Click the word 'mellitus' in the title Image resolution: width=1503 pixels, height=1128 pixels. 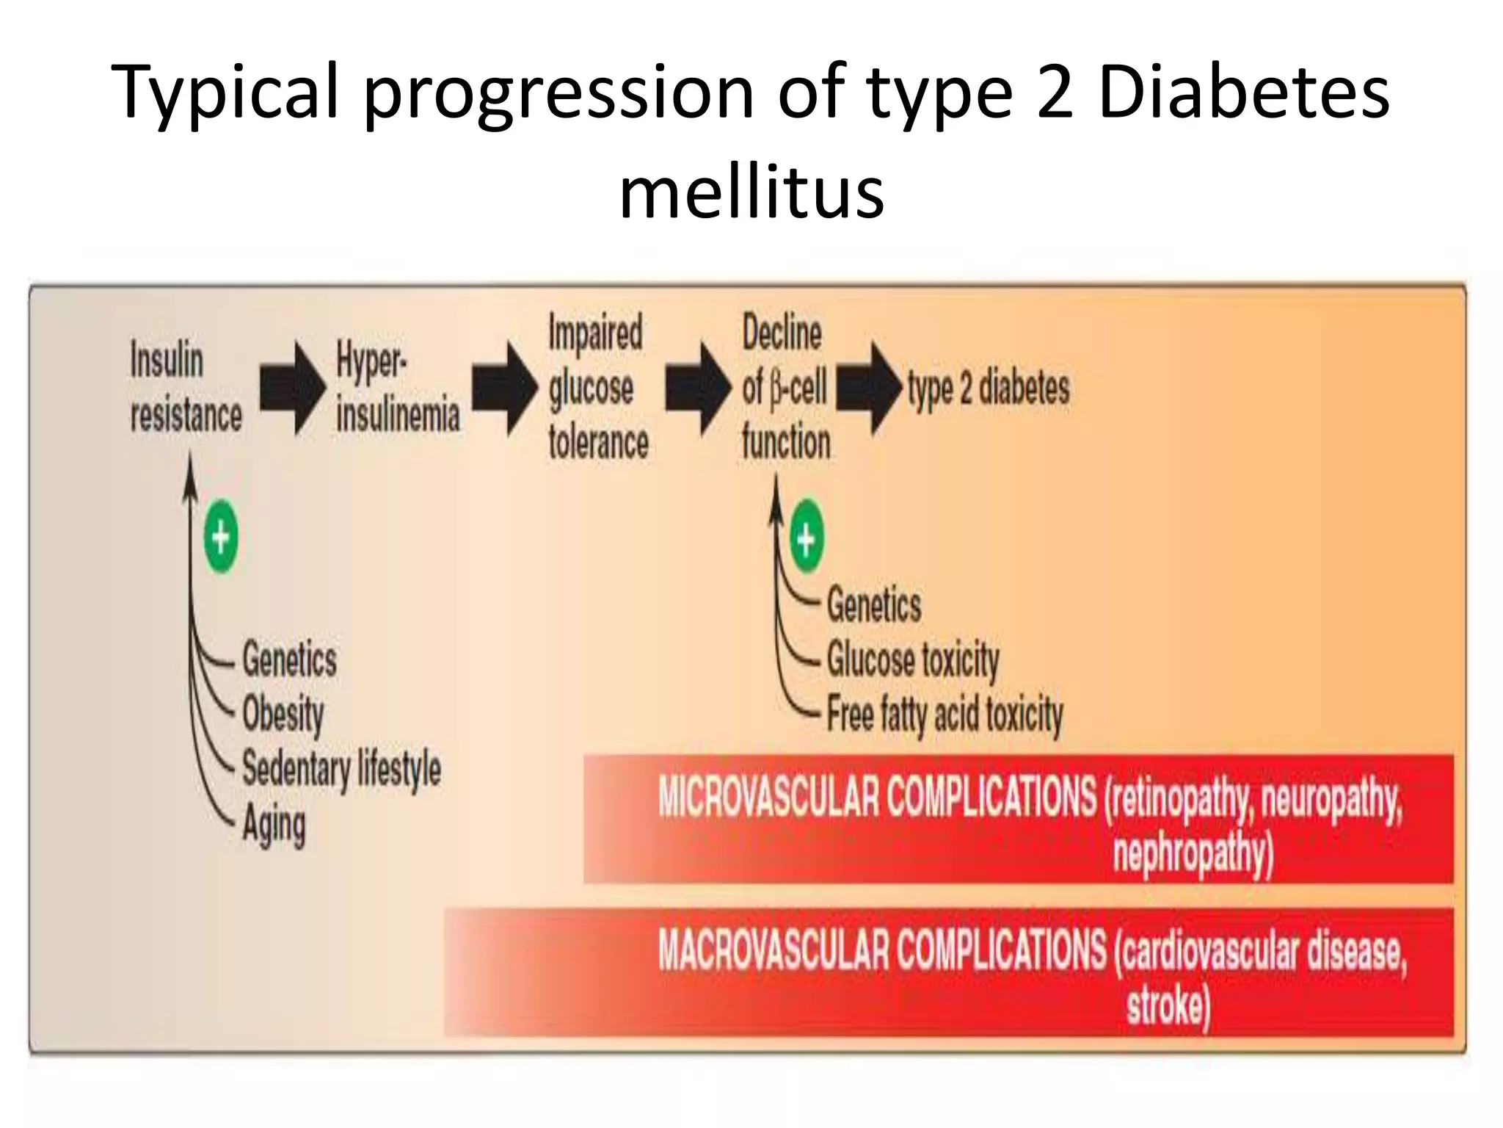pyautogui.click(x=751, y=192)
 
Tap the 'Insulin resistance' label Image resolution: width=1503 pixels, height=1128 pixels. pyautogui.click(x=186, y=388)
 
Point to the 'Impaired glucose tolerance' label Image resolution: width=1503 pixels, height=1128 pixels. pyautogui.click(x=597, y=387)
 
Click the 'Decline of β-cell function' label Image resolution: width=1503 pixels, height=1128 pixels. pyautogui.click(x=785, y=387)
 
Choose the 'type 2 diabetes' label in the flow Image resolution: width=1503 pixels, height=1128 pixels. pyautogui.click(x=988, y=388)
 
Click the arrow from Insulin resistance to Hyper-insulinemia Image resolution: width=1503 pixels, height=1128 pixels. pyautogui.click(x=292, y=388)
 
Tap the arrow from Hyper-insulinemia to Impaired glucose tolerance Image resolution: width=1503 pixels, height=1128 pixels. pyautogui.click(x=504, y=388)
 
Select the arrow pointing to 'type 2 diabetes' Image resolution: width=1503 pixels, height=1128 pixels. pyautogui.click(x=869, y=388)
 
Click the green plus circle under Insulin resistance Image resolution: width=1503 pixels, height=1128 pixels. pyautogui.click(x=221, y=538)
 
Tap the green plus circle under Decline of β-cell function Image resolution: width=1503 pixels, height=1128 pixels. pyautogui.click(x=807, y=540)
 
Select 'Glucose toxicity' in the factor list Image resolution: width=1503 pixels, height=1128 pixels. pyautogui.click(x=913, y=659)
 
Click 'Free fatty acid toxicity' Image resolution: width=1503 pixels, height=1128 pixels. pyautogui.click(x=945, y=714)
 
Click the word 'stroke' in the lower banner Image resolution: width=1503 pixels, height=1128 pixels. pyautogui.click(x=1168, y=1005)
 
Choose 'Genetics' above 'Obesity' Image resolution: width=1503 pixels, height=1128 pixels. pyautogui.click(x=289, y=659)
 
